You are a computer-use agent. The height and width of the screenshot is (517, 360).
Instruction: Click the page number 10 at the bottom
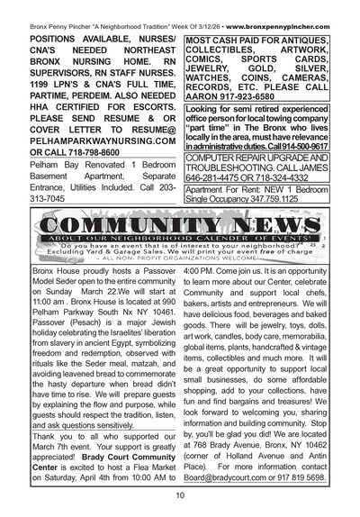click(180, 494)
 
